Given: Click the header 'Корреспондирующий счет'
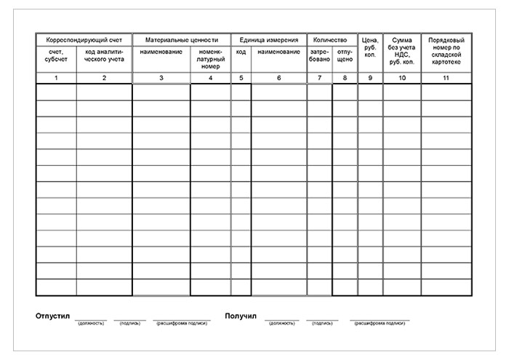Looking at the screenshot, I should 84,39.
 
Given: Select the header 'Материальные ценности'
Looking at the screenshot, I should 181,39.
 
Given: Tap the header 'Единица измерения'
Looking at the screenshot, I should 268,39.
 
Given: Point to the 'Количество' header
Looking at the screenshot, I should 332,39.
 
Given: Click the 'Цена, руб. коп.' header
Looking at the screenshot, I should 370,47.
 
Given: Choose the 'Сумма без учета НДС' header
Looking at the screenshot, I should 402,51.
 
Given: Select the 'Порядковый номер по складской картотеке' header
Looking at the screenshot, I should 446,51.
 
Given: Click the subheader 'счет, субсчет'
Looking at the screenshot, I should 56,55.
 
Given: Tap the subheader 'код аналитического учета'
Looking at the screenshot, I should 104,55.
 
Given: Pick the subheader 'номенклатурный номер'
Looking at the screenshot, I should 210,59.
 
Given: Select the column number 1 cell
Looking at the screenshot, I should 56,78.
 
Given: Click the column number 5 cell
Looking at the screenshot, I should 241,78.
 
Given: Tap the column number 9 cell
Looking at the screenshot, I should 370,78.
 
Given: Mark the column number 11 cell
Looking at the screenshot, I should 446,78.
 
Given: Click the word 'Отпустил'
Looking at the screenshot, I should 52,316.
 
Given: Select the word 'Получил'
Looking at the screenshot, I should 241,316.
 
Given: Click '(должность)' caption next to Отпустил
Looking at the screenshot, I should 91,323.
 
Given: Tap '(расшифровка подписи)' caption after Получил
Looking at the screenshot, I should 380,323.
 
